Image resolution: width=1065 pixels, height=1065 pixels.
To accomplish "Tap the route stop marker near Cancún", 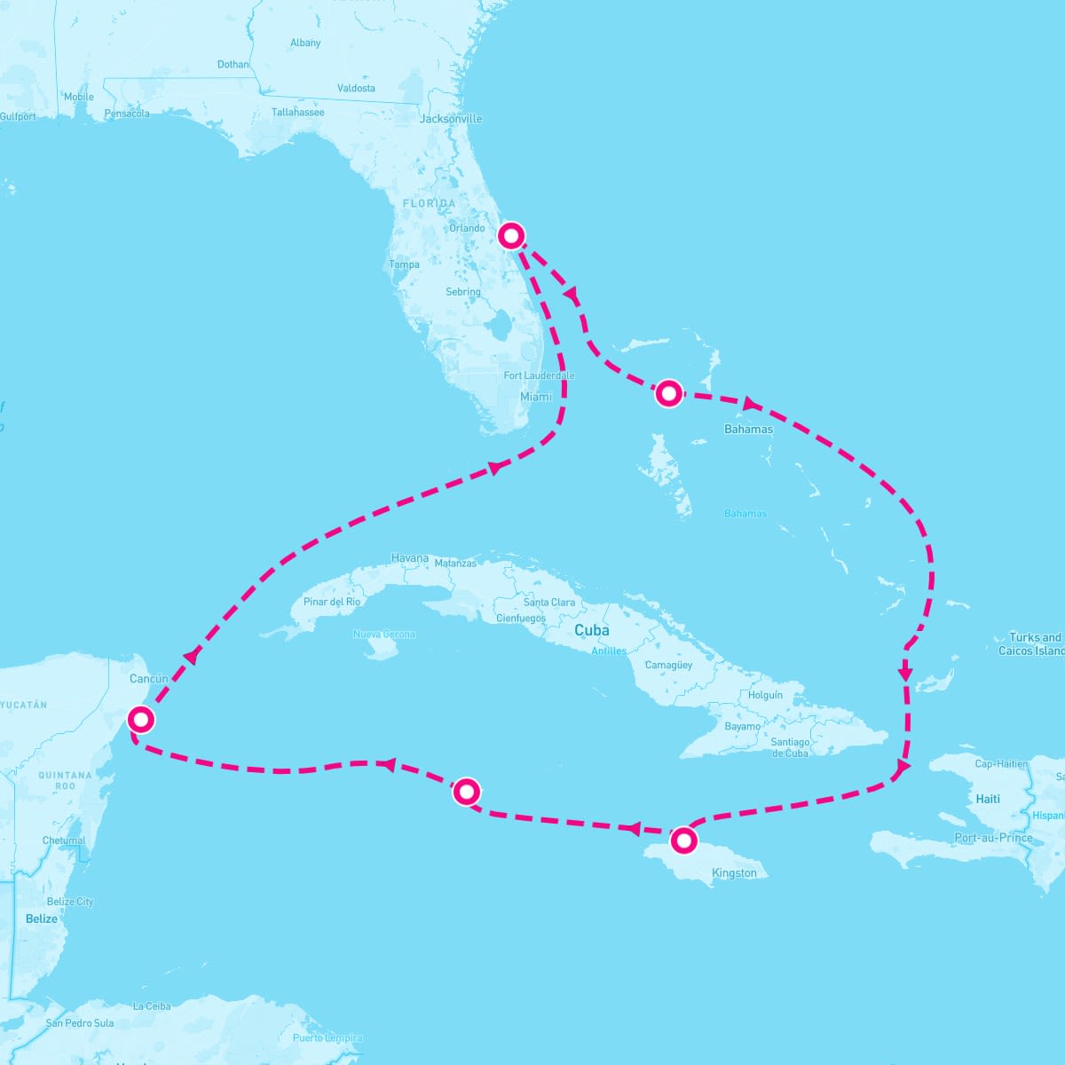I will (140, 719).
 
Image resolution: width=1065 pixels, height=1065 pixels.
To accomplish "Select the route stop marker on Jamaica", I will (682, 840).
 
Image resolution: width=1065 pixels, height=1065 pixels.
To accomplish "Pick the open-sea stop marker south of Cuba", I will (467, 791).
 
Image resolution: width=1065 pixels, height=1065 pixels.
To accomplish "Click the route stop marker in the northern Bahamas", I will (668, 392).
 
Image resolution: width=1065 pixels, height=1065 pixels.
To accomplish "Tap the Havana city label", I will (410, 558).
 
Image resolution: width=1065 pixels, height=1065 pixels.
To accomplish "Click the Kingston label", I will (734, 873).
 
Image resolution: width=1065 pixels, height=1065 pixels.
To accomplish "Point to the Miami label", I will (536, 397).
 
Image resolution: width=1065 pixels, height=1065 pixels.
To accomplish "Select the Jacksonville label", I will (451, 119).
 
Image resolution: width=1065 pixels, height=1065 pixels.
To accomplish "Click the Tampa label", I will (404, 264).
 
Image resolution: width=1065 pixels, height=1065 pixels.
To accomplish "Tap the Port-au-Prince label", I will (993, 838).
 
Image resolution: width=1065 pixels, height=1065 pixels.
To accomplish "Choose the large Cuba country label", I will (592, 630).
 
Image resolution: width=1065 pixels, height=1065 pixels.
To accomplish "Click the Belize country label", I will (41, 919).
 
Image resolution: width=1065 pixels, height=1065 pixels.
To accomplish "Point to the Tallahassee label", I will (297, 113).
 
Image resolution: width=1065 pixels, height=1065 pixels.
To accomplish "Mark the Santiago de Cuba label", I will (790, 747).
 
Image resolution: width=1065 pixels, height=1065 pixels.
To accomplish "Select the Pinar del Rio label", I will (332, 602).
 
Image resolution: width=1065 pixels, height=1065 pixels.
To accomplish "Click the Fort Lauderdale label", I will (539, 375).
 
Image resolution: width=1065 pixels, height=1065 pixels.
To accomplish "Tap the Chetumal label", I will (64, 840).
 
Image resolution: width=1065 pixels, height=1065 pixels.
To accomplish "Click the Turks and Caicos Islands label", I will (1033, 644).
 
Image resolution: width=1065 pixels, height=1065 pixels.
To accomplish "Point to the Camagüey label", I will (668, 665).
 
